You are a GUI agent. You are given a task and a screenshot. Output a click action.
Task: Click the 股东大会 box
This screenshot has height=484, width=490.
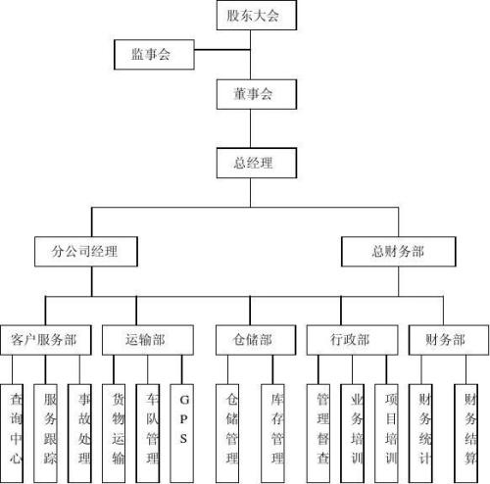click(x=257, y=16)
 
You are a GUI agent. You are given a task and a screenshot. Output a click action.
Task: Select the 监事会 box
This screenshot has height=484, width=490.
click(x=154, y=55)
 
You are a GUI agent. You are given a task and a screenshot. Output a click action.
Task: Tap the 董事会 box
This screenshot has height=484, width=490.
click(x=257, y=94)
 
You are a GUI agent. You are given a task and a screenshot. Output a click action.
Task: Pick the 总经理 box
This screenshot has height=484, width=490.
click(x=257, y=163)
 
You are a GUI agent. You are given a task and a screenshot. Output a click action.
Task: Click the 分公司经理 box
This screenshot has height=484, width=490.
click(x=86, y=252)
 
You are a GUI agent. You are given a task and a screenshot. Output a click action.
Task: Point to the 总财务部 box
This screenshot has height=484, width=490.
click(x=398, y=252)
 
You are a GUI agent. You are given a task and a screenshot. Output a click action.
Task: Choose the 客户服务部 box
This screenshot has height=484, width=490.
click(x=46, y=340)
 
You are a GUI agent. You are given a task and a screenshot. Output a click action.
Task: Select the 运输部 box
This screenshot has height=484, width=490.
click(x=148, y=340)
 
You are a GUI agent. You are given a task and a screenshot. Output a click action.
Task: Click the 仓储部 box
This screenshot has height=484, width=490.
click(x=256, y=340)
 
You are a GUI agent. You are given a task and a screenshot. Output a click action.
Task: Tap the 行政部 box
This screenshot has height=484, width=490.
click(x=352, y=340)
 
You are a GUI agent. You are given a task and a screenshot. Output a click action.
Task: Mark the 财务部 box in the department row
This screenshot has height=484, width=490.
click(x=449, y=340)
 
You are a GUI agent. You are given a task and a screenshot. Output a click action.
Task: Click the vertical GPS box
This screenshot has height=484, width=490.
click(x=181, y=434)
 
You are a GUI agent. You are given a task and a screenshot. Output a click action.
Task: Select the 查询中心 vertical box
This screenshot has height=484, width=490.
click(x=12, y=434)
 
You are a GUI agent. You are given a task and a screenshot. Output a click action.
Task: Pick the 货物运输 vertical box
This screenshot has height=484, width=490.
click(x=114, y=434)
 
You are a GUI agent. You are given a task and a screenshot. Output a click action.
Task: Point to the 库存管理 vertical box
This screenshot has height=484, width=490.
click(x=272, y=434)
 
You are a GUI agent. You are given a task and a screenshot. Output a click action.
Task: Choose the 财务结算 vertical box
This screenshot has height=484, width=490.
click(x=466, y=434)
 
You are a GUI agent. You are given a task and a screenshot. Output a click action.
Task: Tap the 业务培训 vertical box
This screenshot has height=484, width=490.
click(x=352, y=434)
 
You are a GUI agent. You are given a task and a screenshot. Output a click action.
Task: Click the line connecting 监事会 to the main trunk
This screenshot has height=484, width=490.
click(x=222, y=50)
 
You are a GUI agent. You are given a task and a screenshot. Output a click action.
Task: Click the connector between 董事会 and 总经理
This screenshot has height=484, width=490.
click(x=251, y=128)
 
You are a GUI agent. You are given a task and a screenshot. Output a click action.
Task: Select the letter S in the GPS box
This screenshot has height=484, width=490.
click(x=183, y=438)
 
